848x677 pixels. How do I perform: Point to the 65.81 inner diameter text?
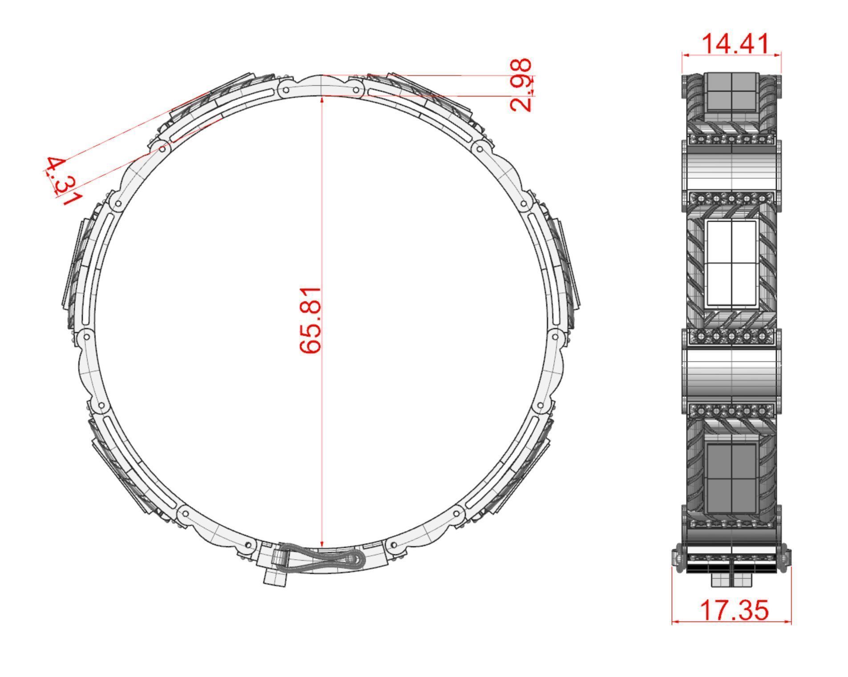tap(310, 320)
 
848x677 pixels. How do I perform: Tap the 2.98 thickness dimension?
tap(521, 84)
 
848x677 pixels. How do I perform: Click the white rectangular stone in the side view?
tap(731, 263)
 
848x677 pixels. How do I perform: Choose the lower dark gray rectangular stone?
tap(731, 478)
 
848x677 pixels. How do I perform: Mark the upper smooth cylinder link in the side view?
tap(731, 171)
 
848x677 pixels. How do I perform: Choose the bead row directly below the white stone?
tap(731, 337)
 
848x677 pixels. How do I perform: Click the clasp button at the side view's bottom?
tap(731, 579)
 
